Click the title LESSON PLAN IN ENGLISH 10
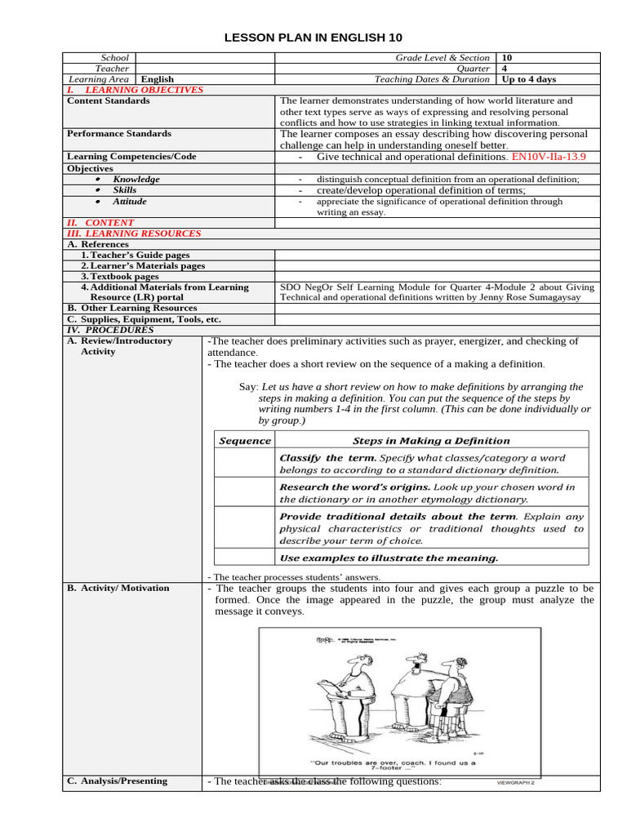[313, 38]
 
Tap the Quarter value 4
[506, 69]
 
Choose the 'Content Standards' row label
[108, 101]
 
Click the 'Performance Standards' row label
[118, 134]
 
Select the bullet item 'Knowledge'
[136, 179]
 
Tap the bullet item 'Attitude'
[130, 201]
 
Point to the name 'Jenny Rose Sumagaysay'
[535, 298]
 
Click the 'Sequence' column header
[244, 441]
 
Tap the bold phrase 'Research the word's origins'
[354, 487]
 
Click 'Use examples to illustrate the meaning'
[389, 558]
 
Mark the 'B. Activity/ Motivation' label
[118, 589]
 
